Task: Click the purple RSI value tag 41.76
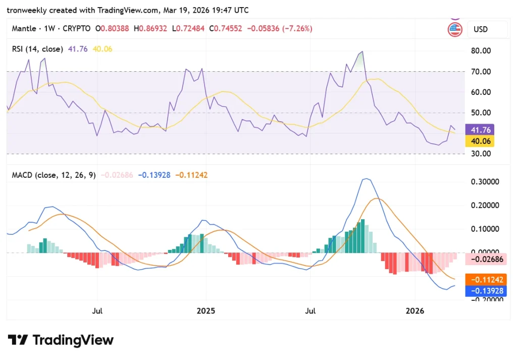(479, 130)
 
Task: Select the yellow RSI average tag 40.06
(479, 141)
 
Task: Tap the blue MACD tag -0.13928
(486, 291)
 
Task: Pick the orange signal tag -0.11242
(486, 280)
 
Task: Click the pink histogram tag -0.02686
(486, 259)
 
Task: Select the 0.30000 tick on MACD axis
(486, 182)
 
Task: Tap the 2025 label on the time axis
(205, 311)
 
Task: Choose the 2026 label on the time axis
(415, 311)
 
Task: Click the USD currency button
(480, 29)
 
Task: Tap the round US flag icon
(455, 29)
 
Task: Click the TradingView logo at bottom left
(61, 340)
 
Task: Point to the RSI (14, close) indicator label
(38, 49)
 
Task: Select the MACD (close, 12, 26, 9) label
(55, 175)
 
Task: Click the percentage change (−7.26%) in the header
(297, 29)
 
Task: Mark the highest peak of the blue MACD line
(366, 179)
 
